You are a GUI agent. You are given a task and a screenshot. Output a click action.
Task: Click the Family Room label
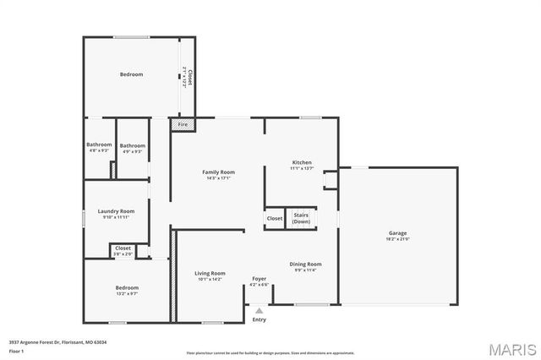tap(217, 172)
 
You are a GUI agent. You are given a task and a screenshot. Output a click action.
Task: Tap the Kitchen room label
tap(302, 163)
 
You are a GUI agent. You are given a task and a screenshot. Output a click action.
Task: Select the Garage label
tap(398, 233)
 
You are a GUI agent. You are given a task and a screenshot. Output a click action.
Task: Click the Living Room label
tap(210, 274)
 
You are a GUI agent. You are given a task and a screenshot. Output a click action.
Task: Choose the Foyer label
tap(259, 279)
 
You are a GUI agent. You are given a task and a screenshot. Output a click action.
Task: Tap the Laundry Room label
tap(116, 211)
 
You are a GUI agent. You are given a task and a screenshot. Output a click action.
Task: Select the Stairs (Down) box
tap(301, 218)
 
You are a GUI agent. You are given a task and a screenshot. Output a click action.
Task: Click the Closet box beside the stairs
tap(275, 219)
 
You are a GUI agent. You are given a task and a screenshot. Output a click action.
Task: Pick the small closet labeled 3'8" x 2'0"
tap(123, 250)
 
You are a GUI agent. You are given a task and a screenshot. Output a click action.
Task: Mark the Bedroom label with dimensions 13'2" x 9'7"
tap(127, 289)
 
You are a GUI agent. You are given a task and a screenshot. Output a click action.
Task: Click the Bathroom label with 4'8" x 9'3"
tap(99, 145)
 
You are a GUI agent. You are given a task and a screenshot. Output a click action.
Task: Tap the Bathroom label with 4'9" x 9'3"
tap(133, 145)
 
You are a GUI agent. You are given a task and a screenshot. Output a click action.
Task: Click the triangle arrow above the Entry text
tap(259, 309)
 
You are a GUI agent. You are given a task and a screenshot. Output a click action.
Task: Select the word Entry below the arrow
tap(259, 319)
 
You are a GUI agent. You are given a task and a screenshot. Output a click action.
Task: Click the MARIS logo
tap(511, 347)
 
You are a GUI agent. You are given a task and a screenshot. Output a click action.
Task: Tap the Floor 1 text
tap(17, 350)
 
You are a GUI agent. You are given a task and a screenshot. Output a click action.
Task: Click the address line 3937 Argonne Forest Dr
tap(57, 341)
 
